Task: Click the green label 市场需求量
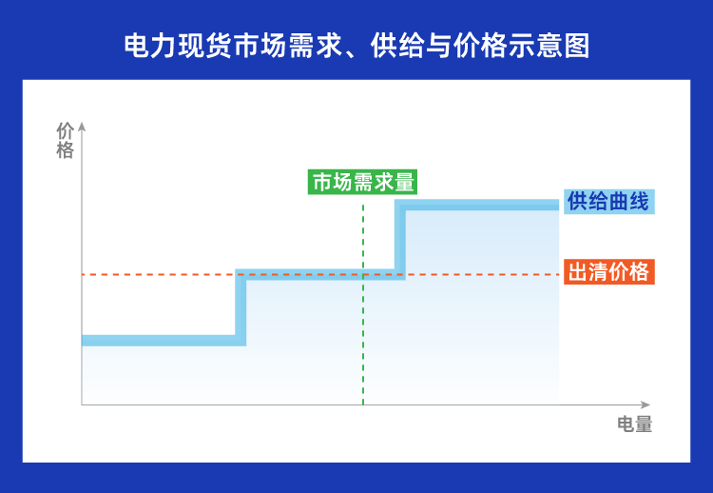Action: [363, 182]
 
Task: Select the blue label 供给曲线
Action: [607, 202]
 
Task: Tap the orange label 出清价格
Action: [607, 272]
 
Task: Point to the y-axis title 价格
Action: [65, 140]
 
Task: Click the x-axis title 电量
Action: [634, 424]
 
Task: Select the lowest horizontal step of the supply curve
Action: [158, 340]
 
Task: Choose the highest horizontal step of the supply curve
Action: [480, 205]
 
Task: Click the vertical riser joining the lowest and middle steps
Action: [241, 307]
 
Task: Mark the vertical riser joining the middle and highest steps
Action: [400, 240]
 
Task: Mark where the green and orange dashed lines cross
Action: [363, 275]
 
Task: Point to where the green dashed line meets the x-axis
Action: [363, 404]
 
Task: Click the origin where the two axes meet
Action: [82, 404]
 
